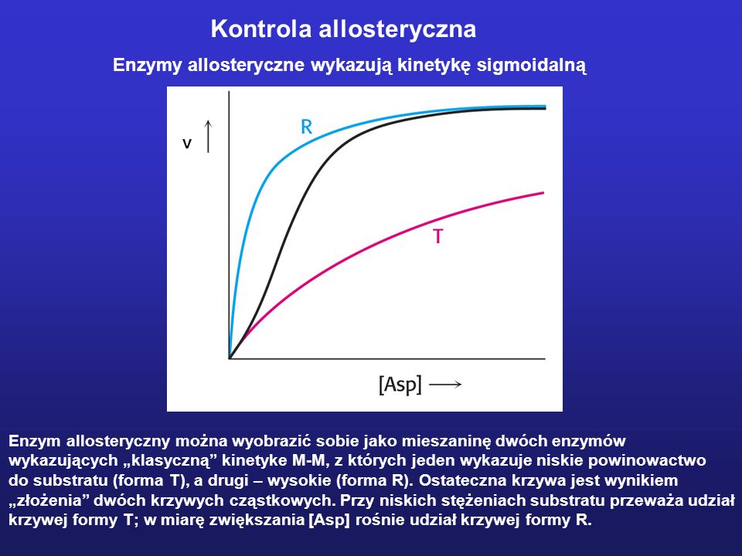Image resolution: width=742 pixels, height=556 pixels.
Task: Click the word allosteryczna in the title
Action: [x=397, y=30]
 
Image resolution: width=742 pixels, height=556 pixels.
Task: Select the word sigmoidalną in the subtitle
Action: [x=532, y=65]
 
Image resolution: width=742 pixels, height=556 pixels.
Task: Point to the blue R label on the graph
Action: [x=307, y=127]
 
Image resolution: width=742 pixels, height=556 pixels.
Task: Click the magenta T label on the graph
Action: [x=437, y=236]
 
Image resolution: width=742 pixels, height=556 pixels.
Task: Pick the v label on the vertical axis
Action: [x=187, y=144]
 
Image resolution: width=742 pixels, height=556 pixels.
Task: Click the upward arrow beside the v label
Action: [x=208, y=136]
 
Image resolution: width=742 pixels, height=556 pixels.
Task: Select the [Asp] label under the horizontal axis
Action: [x=400, y=385]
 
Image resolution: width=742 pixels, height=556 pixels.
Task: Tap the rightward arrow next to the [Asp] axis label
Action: [x=445, y=385]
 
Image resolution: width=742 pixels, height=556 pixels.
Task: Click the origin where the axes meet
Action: [x=230, y=358]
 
